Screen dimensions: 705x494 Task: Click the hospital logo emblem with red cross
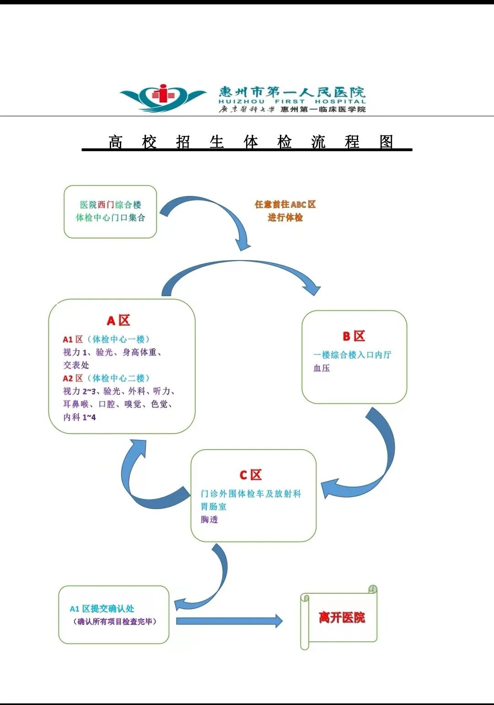(x=163, y=97)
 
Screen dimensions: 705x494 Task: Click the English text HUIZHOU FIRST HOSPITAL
(x=292, y=102)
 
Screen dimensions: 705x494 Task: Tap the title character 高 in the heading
(x=115, y=142)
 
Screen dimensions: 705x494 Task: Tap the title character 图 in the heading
(x=387, y=142)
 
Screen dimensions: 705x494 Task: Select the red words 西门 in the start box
(x=106, y=205)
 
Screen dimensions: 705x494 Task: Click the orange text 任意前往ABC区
(x=285, y=204)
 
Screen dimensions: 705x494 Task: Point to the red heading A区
(x=118, y=320)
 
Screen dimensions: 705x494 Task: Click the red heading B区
(x=354, y=336)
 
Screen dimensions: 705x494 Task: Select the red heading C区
(x=251, y=475)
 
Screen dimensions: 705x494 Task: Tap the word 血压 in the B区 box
(x=322, y=368)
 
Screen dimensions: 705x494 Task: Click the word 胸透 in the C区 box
(x=209, y=519)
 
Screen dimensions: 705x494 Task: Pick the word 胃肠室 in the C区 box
(x=214, y=506)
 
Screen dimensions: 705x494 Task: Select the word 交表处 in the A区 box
(x=76, y=365)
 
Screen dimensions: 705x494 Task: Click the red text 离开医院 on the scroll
(x=342, y=618)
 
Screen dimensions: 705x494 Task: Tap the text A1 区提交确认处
(x=102, y=608)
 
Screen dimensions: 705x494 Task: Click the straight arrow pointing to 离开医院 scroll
(x=229, y=621)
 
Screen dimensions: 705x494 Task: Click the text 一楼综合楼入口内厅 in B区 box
(x=352, y=355)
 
